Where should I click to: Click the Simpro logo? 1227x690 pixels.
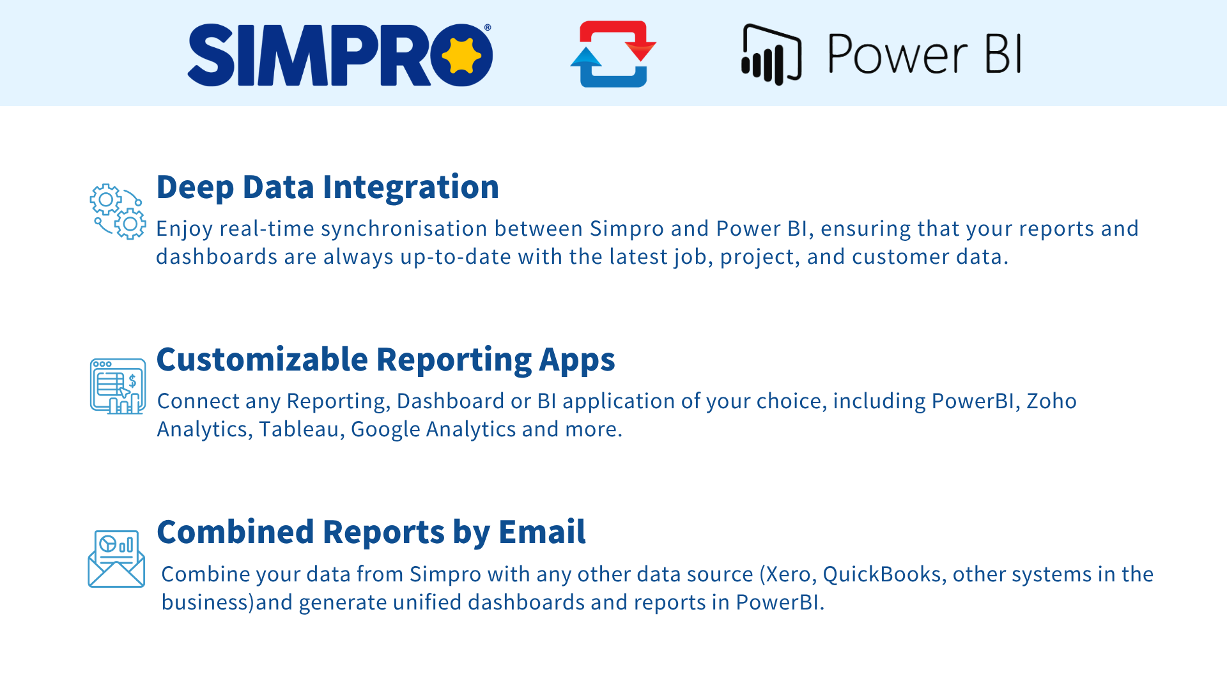point(340,55)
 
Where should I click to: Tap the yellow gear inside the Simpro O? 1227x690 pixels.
point(461,55)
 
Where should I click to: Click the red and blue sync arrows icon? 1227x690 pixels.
point(613,54)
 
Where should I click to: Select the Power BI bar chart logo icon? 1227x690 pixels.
point(771,54)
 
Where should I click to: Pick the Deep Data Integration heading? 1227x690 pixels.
point(327,187)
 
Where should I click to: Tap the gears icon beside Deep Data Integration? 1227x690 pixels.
point(118,211)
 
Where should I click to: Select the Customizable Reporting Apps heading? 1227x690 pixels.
point(385,360)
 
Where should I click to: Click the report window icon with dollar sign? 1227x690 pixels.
point(118,386)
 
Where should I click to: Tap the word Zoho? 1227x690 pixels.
point(1051,401)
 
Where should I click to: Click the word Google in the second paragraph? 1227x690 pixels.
point(385,429)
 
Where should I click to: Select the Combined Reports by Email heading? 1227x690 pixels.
point(371,532)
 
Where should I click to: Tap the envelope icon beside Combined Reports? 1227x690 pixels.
point(116,558)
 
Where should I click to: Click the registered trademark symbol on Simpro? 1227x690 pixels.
point(488,27)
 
